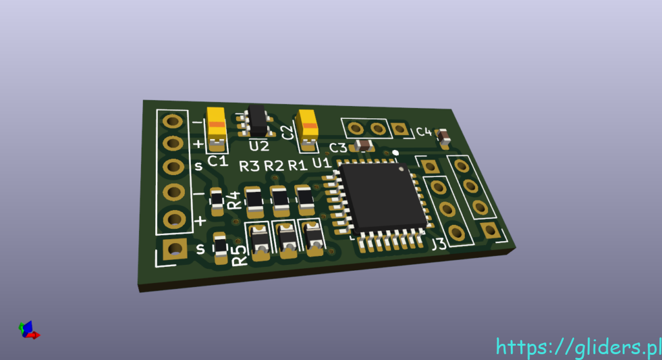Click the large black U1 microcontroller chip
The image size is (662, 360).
383,198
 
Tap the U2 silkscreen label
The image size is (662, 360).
259,146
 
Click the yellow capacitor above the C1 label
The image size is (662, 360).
217,127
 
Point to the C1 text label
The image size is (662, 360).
218,160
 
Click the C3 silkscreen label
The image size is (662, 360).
337,148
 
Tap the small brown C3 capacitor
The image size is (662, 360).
363,145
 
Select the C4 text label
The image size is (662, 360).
424,132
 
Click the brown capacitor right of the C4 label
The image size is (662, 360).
443,137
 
